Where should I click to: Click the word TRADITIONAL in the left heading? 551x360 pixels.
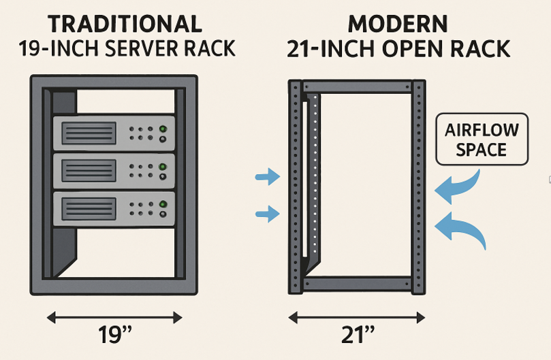[125, 24]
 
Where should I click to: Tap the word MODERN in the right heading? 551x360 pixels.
[398, 24]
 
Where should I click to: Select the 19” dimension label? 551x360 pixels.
[114, 336]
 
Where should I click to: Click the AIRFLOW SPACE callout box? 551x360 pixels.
[482, 139]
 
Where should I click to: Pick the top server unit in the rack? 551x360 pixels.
[114, 132]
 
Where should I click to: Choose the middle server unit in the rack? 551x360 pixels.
[114, 170]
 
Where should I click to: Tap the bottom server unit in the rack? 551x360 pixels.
[114, 208]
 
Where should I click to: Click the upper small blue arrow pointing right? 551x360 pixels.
[268, 178]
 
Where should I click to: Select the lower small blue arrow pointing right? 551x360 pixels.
[268, 215]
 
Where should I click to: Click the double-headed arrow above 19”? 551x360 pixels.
[114, 316]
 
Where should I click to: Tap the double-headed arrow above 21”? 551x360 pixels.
[357, 316]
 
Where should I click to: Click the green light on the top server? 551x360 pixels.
[163, 129]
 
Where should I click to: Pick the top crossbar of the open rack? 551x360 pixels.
[357, 86]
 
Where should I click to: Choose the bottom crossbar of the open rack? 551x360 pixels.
[357, 283]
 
